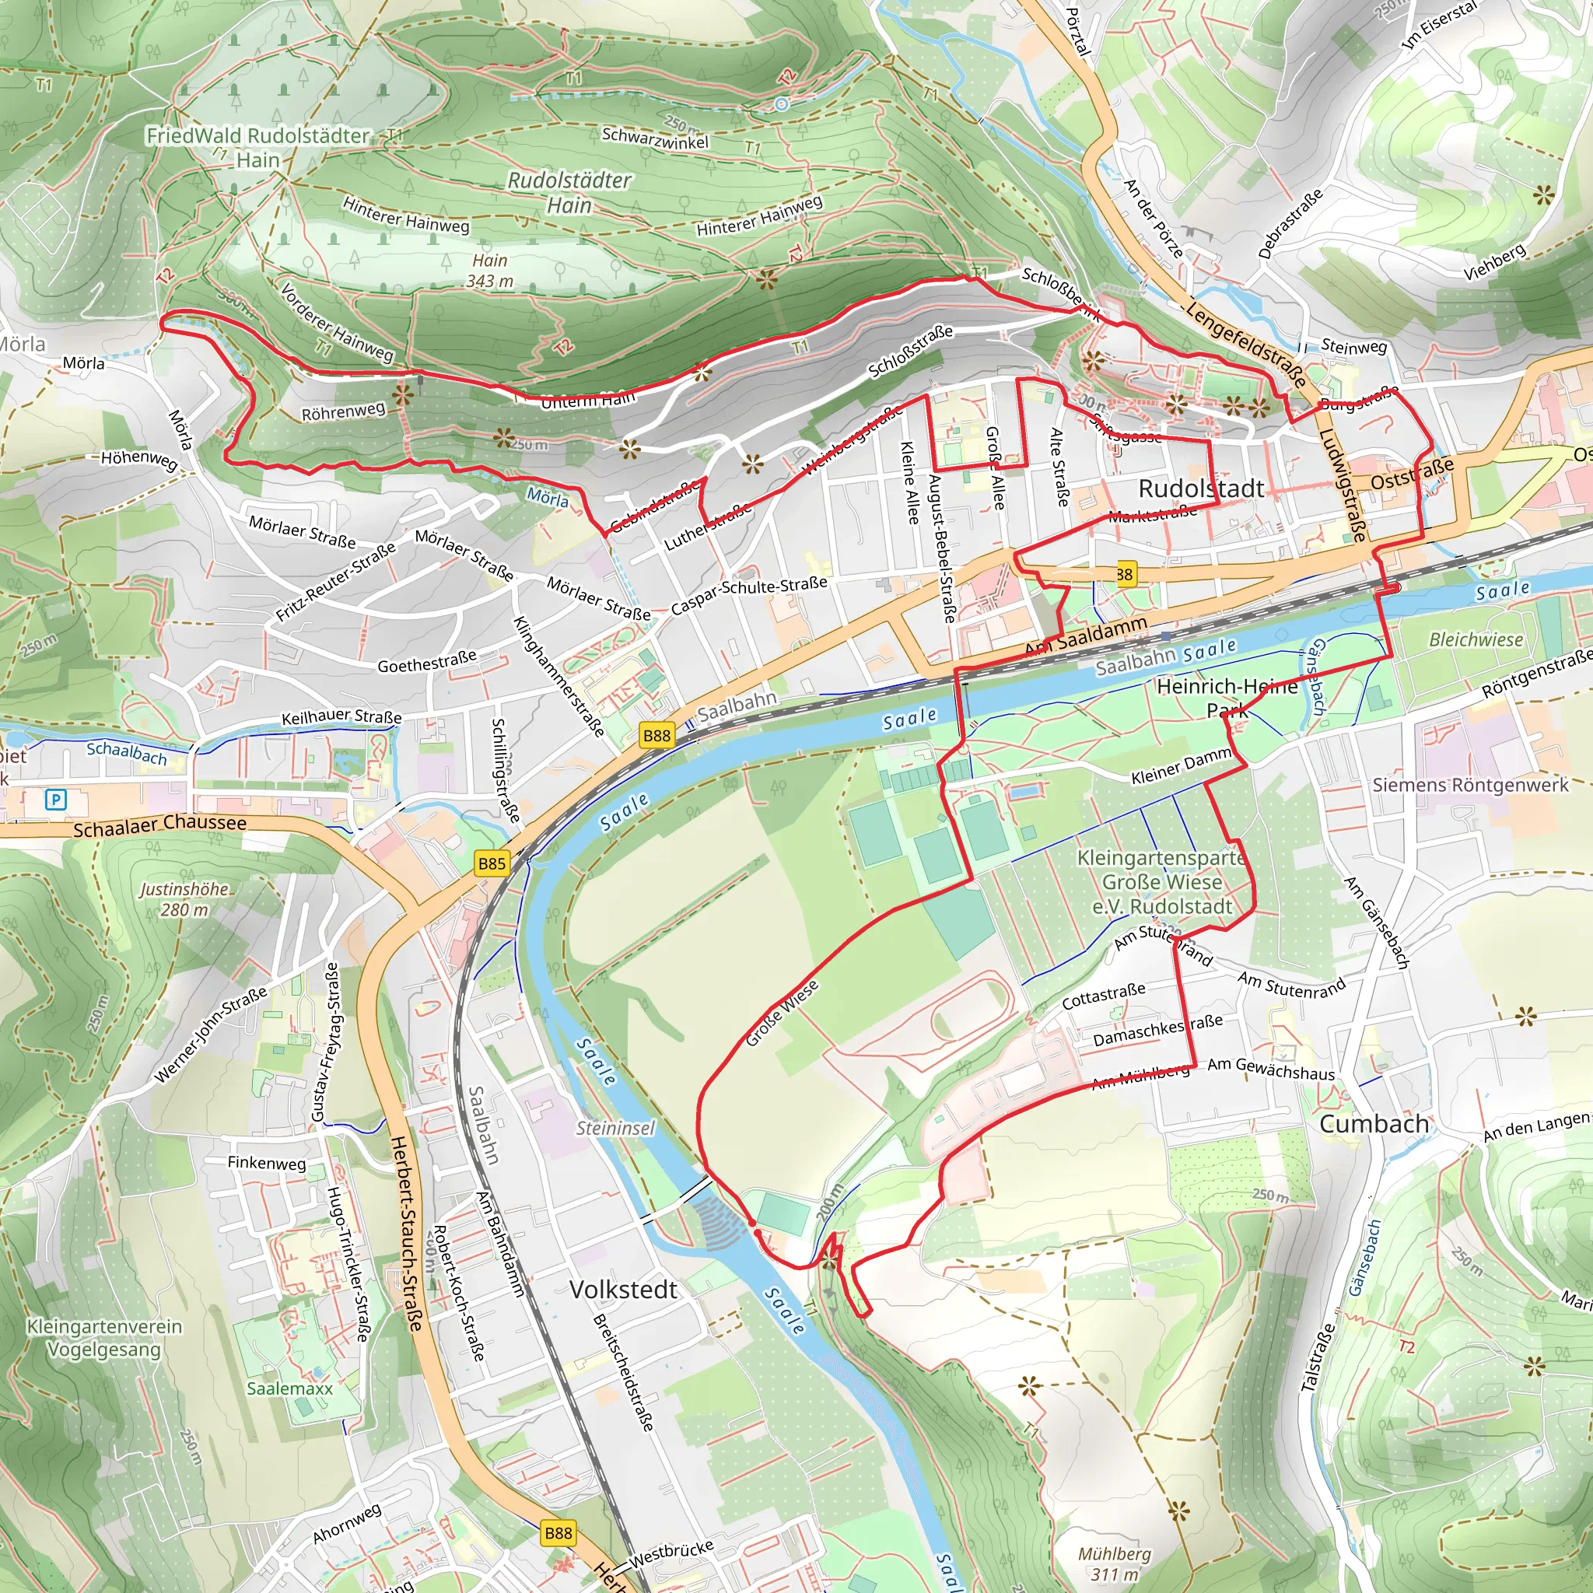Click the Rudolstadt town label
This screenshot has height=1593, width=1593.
(1200, 488)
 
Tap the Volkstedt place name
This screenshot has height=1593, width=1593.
(623, 1290)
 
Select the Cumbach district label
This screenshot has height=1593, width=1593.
(1374, 1123)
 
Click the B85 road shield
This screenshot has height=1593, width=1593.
(492, 863)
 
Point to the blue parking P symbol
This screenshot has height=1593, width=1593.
(55, 799)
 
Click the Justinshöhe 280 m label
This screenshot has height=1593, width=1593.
(184, 898)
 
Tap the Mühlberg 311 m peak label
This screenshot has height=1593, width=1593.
(1115, 1563)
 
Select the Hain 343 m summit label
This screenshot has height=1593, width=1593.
(490, 271)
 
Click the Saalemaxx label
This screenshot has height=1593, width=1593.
(290, 1388)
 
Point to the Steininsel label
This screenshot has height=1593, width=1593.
(615, 1128)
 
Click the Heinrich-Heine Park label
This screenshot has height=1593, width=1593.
(1227, 698)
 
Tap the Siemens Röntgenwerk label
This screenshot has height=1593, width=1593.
(1470, 785)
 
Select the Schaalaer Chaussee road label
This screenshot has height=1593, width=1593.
(160, 825)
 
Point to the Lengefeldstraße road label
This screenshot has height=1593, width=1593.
(1246, 345)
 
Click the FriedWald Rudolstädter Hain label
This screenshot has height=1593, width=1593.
(258, 148)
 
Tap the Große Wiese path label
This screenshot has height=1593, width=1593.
(782, 1014)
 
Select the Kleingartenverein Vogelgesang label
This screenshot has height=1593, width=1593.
(105, 1337)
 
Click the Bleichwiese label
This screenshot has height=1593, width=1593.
(1476, 640)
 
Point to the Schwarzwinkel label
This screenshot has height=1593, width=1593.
(656, 138)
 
